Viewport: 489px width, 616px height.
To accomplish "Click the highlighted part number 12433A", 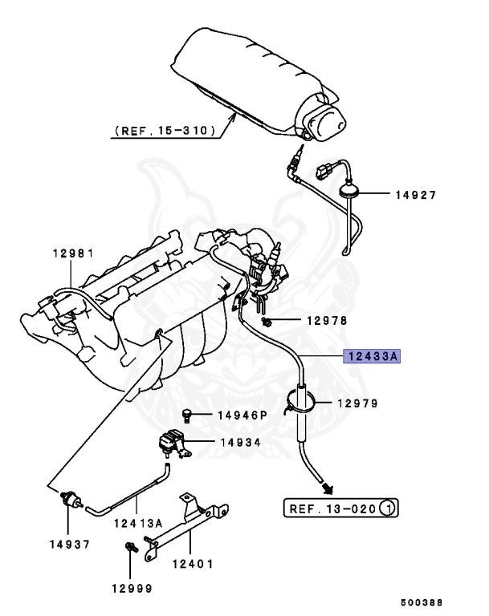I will pos(372,356).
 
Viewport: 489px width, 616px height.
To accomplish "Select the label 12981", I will pos(74,253).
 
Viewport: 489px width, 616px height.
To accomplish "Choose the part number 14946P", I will pos(242,415).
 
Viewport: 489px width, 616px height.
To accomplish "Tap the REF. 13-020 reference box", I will pos(341,509).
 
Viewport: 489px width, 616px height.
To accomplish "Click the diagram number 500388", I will pos(422,601).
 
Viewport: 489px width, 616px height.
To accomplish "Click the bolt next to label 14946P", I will pos(187,415).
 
